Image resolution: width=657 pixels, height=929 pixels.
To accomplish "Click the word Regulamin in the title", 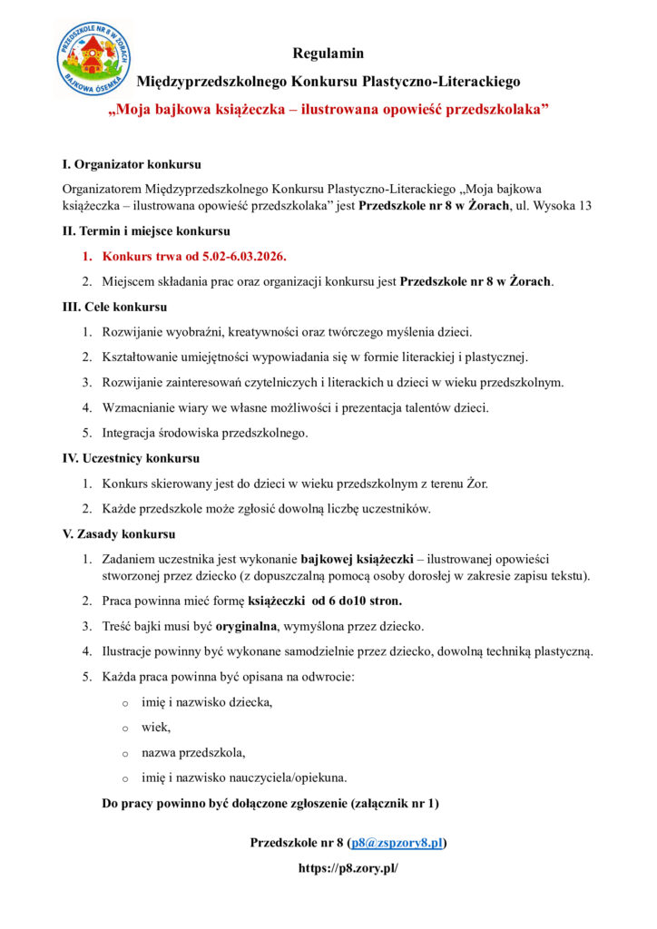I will pos(328,54).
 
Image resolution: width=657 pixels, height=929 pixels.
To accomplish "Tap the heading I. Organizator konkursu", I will pos(131,165).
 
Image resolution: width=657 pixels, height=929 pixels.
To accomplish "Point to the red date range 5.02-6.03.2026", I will pos(234,256).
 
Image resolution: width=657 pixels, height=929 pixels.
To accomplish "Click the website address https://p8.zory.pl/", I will pos(348,868).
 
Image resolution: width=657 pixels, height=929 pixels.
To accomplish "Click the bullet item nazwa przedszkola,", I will pos(193,752).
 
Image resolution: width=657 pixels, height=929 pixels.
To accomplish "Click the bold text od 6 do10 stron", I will pos(350,601).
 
